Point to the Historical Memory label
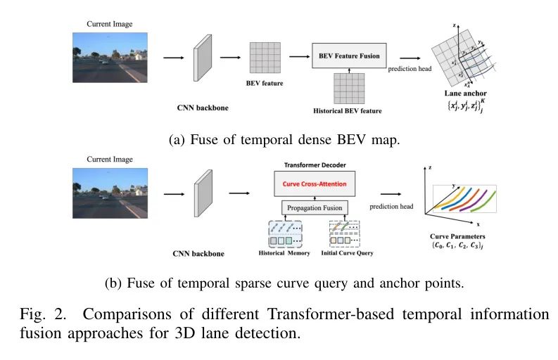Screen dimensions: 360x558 283,252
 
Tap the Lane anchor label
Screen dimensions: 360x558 465,93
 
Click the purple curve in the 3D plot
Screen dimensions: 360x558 486,200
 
